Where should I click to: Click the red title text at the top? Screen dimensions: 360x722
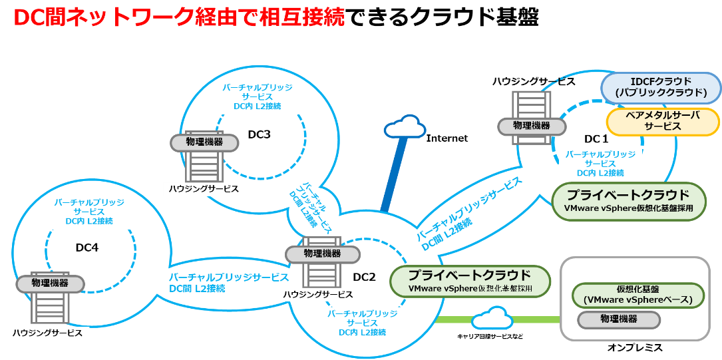pyautogui.click(x=179, y=18)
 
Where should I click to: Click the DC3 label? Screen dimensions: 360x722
pyautogui.click(x=259, y=134)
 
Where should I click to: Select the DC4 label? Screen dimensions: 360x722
pyautogui.click(x=87, y=248)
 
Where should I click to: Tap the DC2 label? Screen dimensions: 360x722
pyautogui.click(x=365, y=277)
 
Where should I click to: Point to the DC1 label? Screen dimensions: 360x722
pyautogui.click(x=596, y=139)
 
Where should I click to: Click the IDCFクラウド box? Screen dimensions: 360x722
pyautogui.click(x=661, y=87)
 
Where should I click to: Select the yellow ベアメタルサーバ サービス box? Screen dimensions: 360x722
pyautogui.click(x=663, y=121)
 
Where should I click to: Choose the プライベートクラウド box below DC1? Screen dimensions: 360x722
pyautogui.click(x=629, y=201)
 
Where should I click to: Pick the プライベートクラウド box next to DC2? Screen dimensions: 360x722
pyautogui.click(x=470, y=281)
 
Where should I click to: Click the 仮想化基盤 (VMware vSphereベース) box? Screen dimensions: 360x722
pyautogui.click(x=637, y=295)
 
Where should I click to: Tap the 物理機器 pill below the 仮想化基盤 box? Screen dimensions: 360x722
pyautogui.click(x=619, y=319)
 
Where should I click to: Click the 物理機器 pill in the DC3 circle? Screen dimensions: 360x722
pyautogui.click(x=204, y=142)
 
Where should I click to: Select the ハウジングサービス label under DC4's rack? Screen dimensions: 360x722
pyautogui.click(x=48, y=333)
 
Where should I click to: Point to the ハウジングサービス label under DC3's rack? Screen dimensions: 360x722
pyautogui.click(x=202, y=189)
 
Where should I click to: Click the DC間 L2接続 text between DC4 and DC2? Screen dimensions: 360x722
pyautogui.click(x=197, y=288)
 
